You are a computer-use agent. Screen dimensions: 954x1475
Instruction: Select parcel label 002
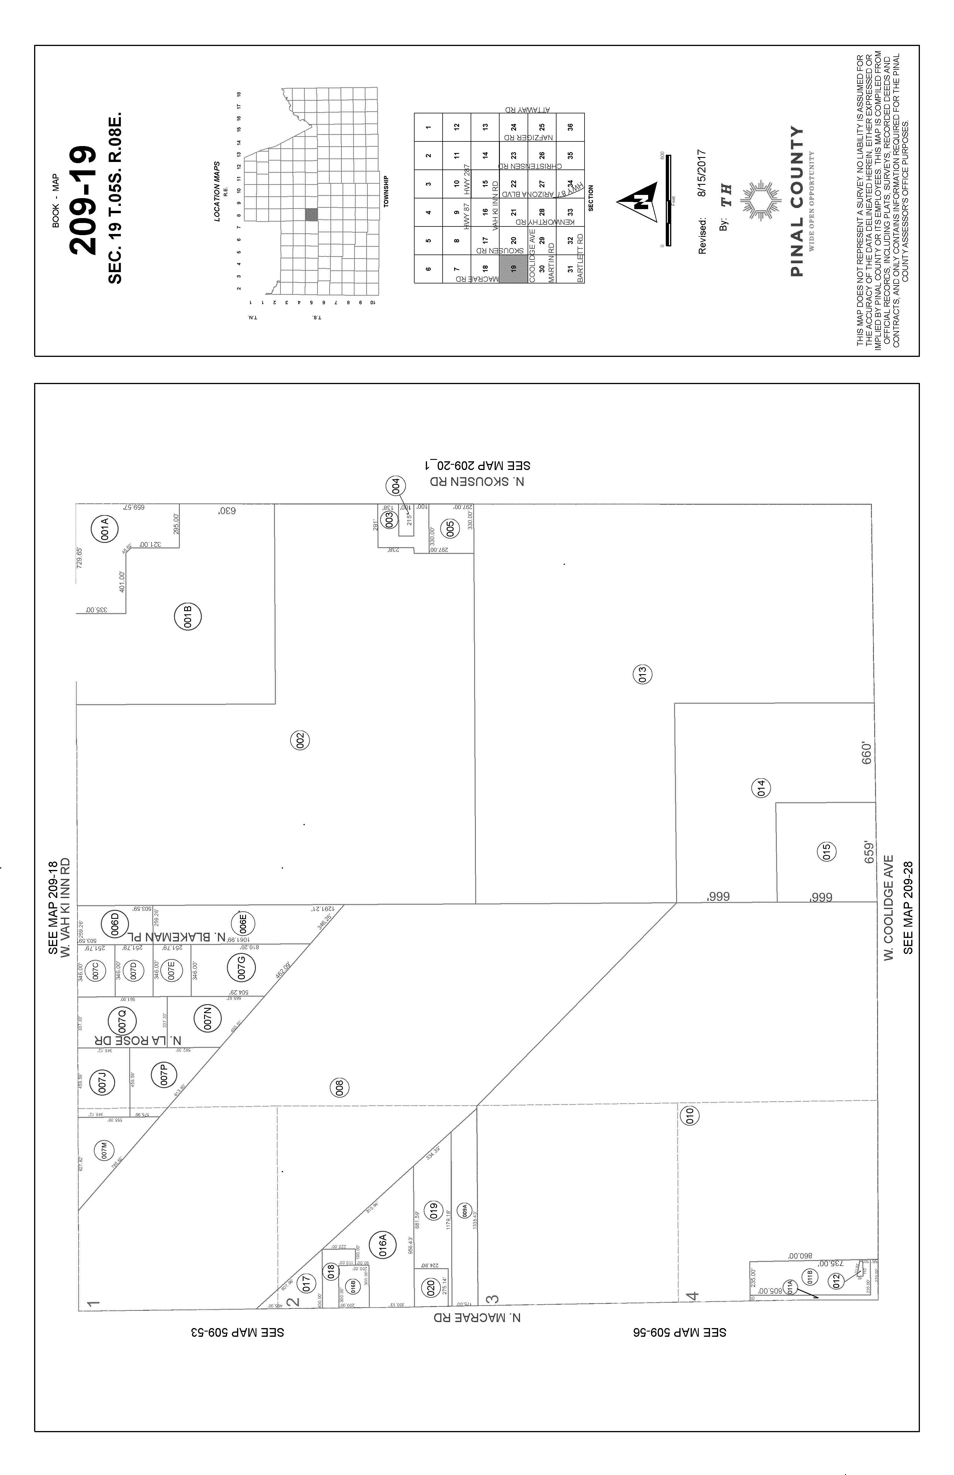click(x=300, y=740)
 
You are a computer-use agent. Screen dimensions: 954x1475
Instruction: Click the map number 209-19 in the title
click(x=84, y=200)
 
